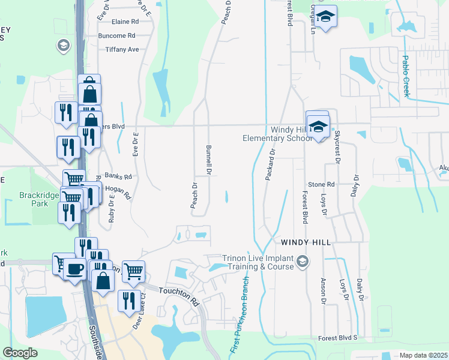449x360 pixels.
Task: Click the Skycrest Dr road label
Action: click(337, 147)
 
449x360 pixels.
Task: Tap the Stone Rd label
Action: click(321, 184)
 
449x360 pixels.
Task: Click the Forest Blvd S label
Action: click(337, 338)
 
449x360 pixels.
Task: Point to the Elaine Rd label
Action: click(125, 22)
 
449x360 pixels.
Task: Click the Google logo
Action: click(20, 353)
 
